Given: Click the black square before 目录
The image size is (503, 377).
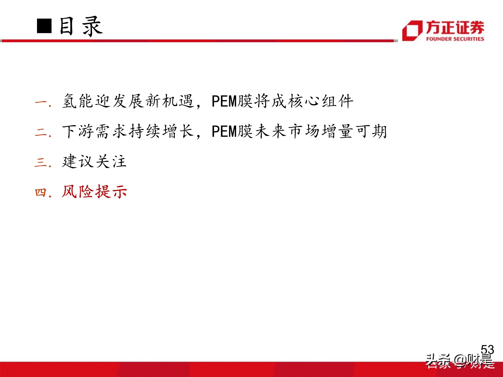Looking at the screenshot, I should (44, 26).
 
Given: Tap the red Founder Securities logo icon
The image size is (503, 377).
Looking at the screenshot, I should (412, 31).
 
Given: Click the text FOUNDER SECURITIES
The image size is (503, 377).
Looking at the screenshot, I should (455, 39).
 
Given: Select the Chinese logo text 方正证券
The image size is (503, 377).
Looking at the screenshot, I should (455, 27).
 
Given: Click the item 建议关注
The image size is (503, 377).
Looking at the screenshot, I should (94, 161).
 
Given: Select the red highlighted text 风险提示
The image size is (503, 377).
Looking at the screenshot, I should (94, 192).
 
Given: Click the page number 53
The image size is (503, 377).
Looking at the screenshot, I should (487, 350).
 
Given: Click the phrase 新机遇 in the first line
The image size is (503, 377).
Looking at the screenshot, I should (170, 101).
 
